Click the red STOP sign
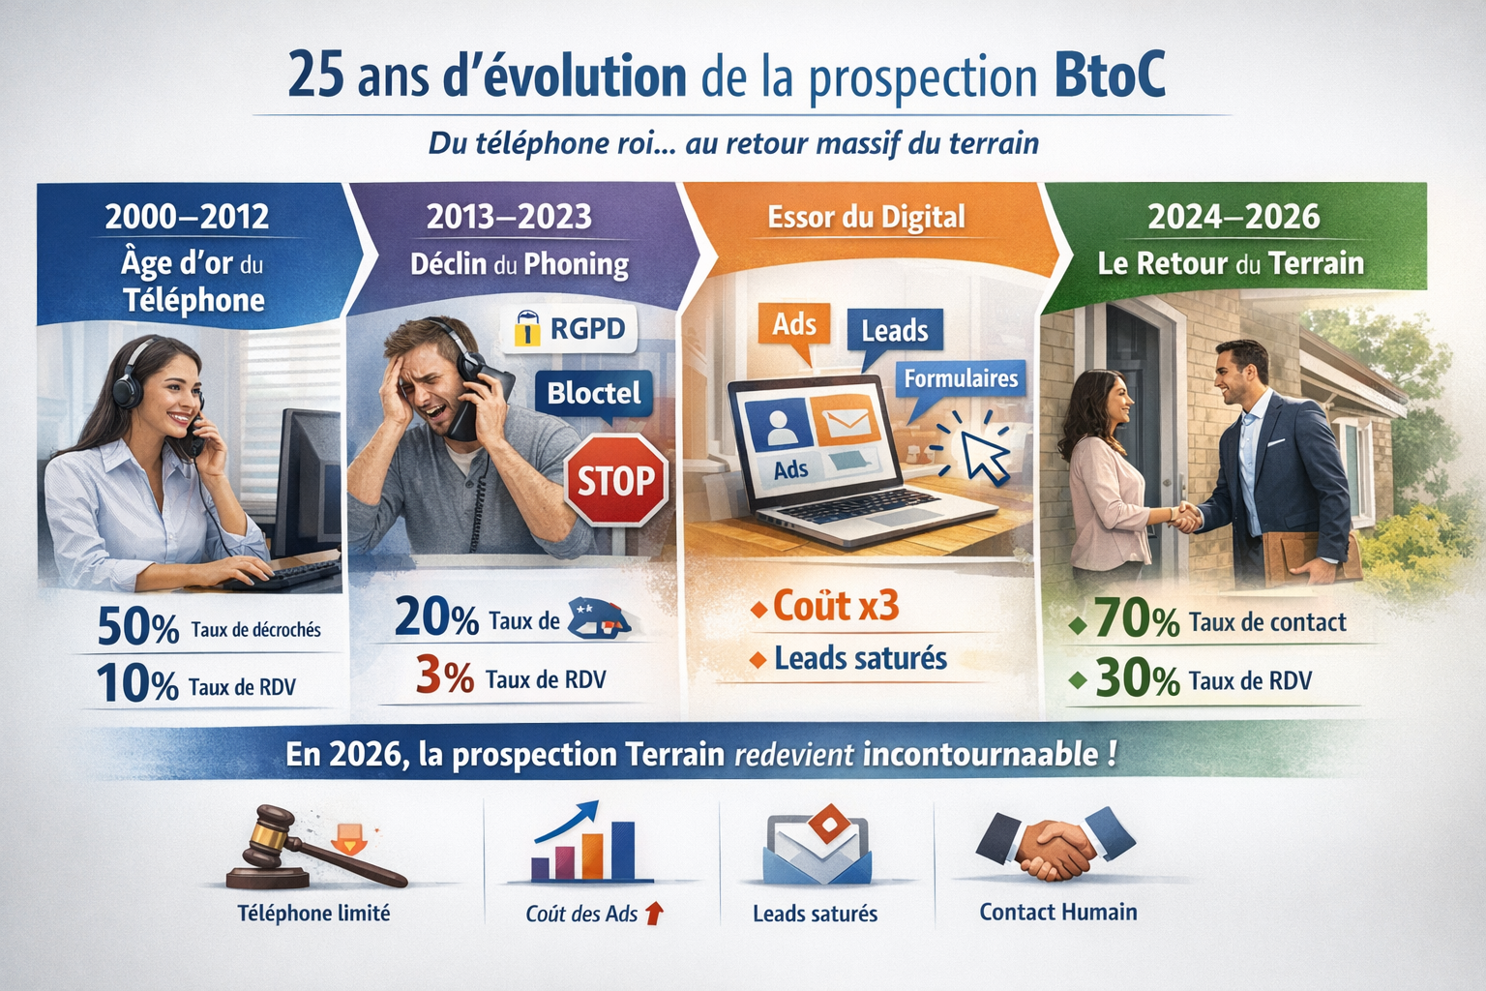616,481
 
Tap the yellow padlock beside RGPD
526,329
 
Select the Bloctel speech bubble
594,393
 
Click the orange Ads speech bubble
793,324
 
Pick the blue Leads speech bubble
894,331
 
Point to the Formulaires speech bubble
960,378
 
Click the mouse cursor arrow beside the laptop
985,456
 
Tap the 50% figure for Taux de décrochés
137,628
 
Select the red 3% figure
444,676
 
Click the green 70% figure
1136,621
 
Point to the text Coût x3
836,607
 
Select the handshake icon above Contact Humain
1055,844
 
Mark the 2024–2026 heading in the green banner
1233,217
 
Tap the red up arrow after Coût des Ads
654,913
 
